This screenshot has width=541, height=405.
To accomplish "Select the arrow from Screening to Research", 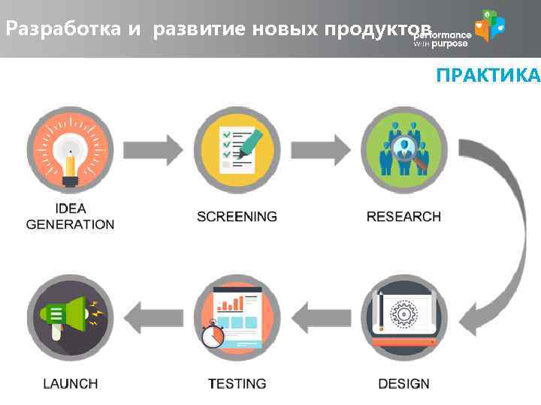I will click(x=321, y=149).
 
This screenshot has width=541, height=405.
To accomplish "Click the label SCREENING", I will click(x=237, y=217).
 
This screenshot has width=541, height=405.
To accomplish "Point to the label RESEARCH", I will click(x=403, y=217).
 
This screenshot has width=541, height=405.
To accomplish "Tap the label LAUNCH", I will click(x=70, y=383).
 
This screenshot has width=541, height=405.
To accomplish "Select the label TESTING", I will click(x=237, y=383).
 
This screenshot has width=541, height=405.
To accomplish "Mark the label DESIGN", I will click(x=403, y=383).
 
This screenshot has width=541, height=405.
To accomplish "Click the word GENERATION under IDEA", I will click(x=70, y=224).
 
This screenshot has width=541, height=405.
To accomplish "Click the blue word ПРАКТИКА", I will click(x=488, y=76).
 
